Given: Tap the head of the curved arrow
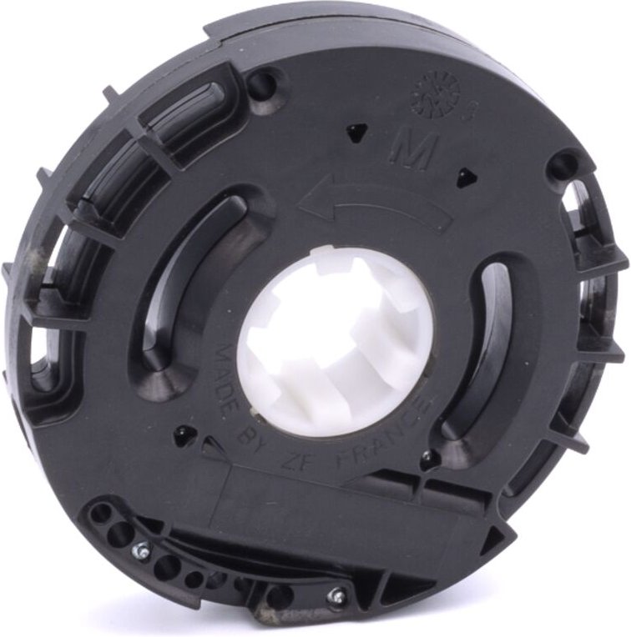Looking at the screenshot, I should [x=310, y=201].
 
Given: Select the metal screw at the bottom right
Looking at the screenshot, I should [x=337, y=595].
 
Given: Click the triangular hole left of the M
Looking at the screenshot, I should [x=357, y=129].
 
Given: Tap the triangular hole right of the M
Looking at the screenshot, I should [x=463, y=176].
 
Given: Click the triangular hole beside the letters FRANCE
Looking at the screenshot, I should [x=427, y=457].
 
